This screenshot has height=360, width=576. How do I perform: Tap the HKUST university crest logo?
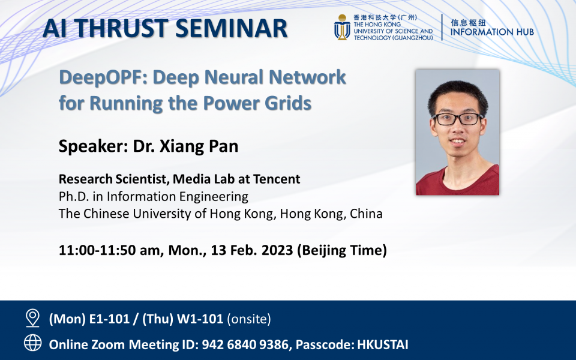pyautogui.click(x=342, y=28)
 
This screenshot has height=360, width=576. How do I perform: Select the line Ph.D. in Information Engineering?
pyautogui.click(x=153, y=196)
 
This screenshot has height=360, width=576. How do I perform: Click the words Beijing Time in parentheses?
pyautogui.click(x=342, y=251)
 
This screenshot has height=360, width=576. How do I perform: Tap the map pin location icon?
pyautogui.click(x=32, y=318)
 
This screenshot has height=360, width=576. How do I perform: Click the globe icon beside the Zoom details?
pyautogui.click(x=32, y=343)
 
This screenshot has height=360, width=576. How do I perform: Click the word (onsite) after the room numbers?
pyautogui.click(x=249, y=319)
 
